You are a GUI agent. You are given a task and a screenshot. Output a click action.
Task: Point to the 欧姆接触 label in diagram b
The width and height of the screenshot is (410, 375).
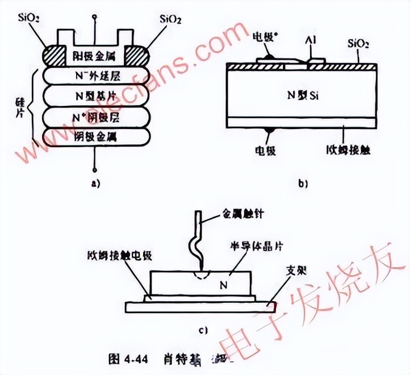point(340,153)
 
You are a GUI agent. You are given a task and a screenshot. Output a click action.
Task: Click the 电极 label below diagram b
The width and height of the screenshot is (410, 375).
point(266,153)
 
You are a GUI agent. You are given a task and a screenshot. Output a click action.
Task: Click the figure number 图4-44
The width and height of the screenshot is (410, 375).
point(128,359)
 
